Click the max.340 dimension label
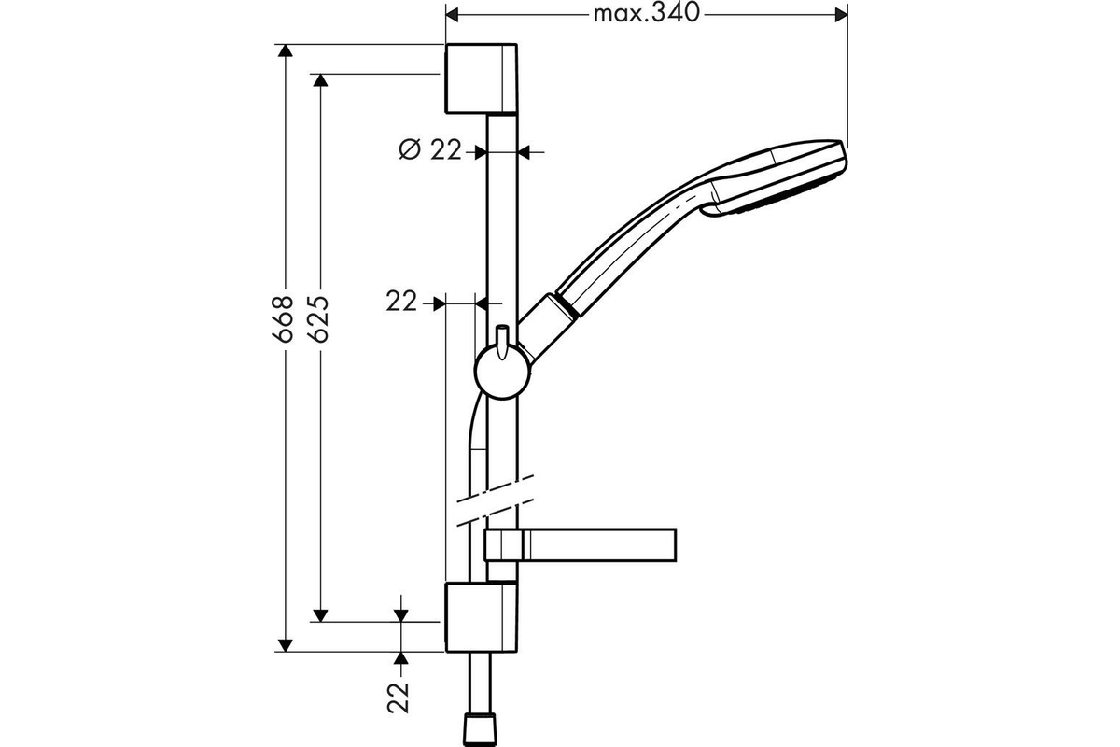(x=646, y=13)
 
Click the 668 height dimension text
(x=283, y=318)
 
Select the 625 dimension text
(x=318, y=318)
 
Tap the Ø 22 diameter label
(x=429, y=149)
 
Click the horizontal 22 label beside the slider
(x=401, y=302)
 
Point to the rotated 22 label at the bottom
(x=399, y=698)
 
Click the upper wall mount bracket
(x=481, y=78)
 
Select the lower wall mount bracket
(x=481, y=617)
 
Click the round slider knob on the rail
(x=502, y=372)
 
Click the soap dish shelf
(x=581, y=545)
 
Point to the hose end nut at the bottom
(x=480, y=731)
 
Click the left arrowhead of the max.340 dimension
(x=452, y=15)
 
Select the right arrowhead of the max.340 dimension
(x=842, y=15)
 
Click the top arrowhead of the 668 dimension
(x=285, y=50)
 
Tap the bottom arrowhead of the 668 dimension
(x=285, y=645)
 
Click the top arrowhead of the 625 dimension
(x=320, y=80)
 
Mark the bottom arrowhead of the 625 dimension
(x=320, y=615)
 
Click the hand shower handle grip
(x=631, y=246)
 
